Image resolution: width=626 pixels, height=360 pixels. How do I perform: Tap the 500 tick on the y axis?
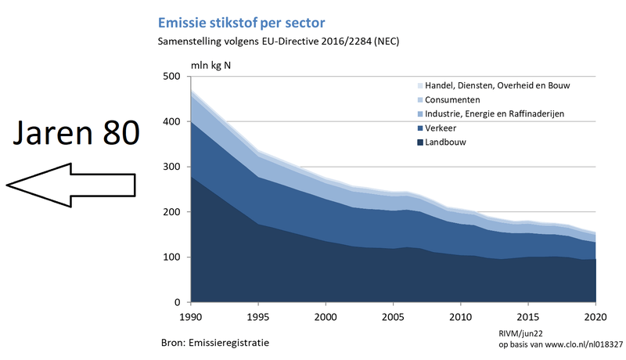coord(172,77)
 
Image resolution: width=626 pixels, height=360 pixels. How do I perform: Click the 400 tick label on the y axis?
coord(172,122)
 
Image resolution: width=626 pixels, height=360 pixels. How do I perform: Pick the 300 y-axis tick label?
coord(172,167)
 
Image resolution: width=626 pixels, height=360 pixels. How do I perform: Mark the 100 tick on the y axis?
coord(172,257)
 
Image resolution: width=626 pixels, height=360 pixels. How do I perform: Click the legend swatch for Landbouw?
coord(419,142)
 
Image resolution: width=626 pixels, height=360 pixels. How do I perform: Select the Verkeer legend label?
coord(442,128)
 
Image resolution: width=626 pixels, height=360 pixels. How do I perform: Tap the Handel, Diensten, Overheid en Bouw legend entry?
coord(502,86)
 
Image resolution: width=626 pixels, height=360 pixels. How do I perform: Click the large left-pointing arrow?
coord(70,185)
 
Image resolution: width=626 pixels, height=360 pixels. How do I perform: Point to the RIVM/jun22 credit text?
coord(521,333)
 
